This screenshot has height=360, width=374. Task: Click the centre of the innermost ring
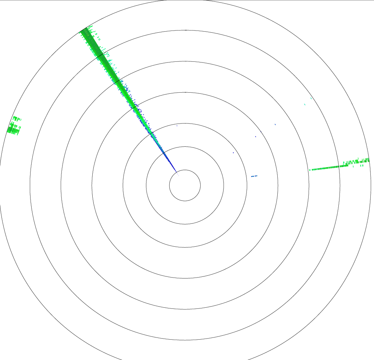185,185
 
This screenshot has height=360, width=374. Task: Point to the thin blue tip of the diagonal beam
176,171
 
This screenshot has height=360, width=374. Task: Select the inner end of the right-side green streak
310,170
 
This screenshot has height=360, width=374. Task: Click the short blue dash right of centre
254,176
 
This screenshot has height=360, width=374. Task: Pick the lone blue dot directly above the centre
177,126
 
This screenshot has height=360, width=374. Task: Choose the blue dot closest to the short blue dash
233,153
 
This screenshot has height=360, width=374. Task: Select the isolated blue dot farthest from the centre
275,124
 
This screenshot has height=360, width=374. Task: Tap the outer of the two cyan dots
311,98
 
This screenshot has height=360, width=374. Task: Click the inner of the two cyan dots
305,105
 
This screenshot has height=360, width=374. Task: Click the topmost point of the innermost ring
185,170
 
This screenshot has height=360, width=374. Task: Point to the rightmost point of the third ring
247,185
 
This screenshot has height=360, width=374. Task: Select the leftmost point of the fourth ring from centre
92,185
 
